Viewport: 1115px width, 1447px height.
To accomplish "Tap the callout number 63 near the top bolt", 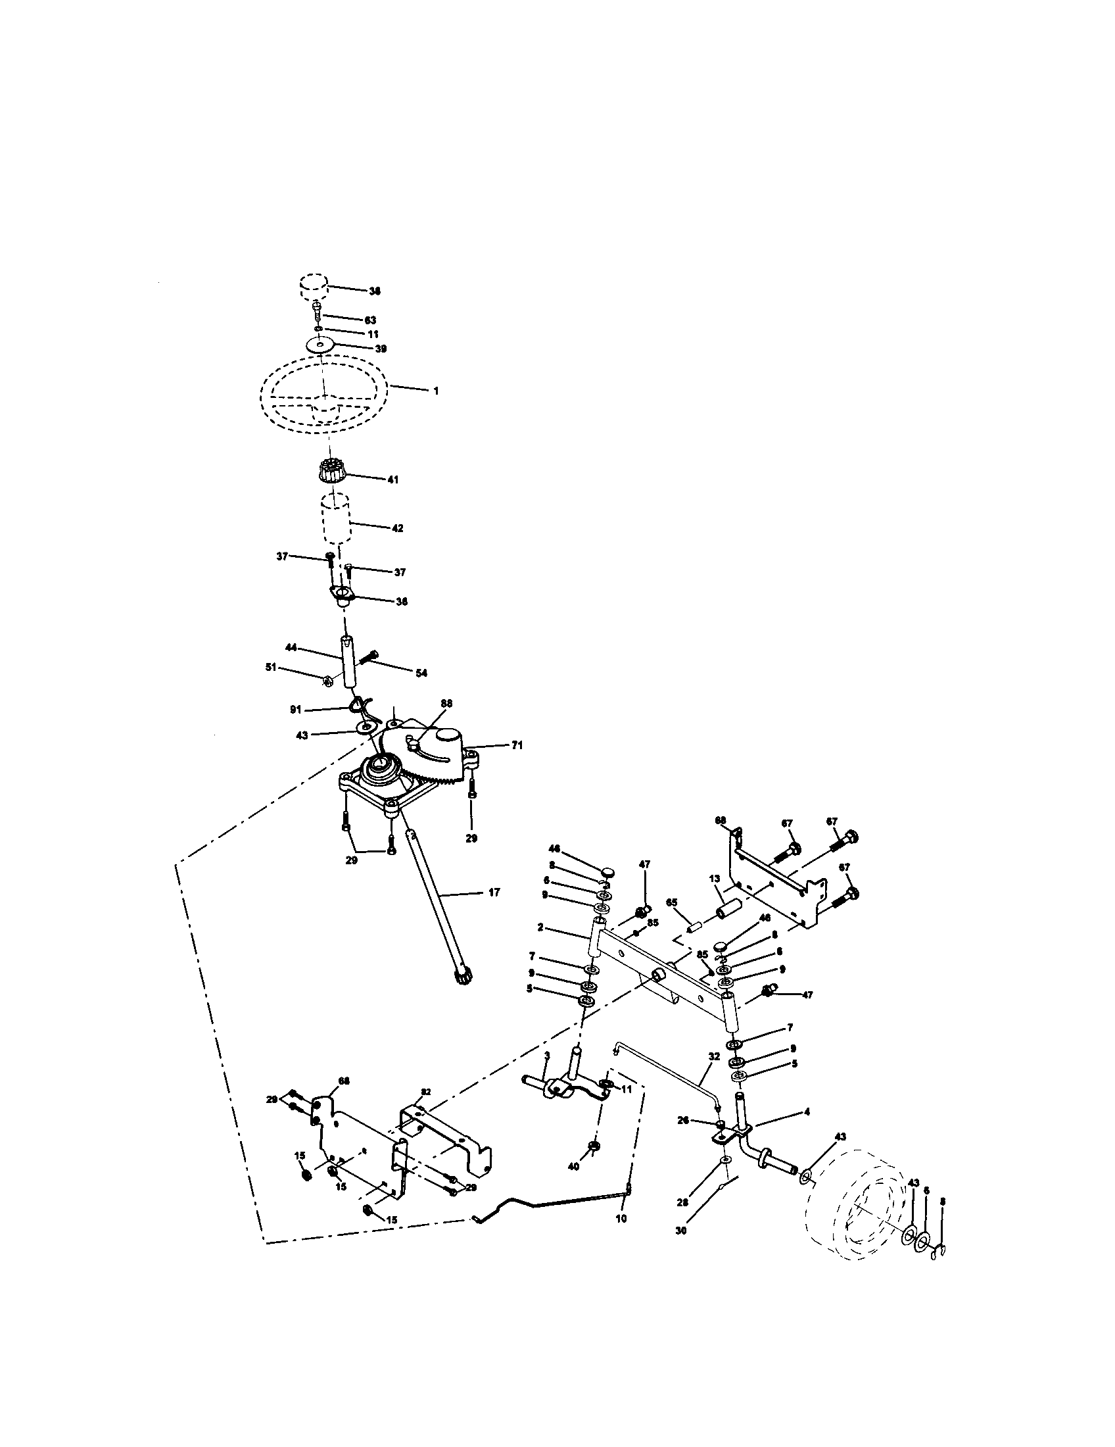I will pyautogui.click(x=370, y=320).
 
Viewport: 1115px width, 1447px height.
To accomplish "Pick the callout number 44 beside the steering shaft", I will pyautogui.click(x=291, y=647).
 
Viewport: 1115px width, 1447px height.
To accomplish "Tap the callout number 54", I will pyautogui.click(x=421, y=673).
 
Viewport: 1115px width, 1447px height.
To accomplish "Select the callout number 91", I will pyautogui.click(x=295, y=710).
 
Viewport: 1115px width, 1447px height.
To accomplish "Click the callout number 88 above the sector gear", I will pyautogui.click(x=446, y=704).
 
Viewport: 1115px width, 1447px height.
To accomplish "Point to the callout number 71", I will pyautogui.click(x=517, y=745).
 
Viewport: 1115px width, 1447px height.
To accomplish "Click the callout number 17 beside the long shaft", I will pyautogui.click(x=494, y=893).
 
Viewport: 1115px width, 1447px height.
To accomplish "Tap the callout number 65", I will pyautogui.click(x=671, y=902).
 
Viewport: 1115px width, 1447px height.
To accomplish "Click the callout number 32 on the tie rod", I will pyautogui.click(x=713, y=1057).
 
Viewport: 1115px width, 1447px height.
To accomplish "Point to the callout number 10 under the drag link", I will pyautogui.click(x=621, y=1217).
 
